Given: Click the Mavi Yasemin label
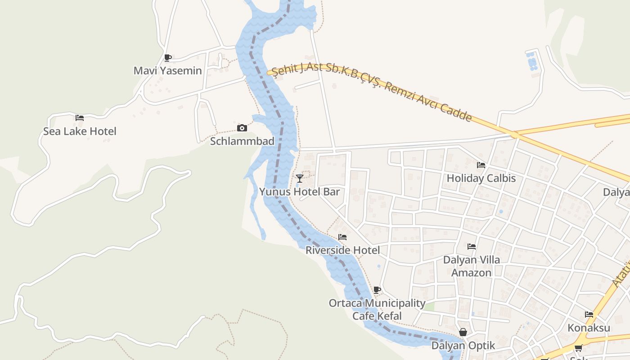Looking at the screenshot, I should pos(168,71).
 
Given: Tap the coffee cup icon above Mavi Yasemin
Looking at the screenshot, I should pos(167,58).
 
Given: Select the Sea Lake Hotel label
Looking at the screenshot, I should pos(80,131).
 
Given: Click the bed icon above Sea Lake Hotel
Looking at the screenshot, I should pos(80,118).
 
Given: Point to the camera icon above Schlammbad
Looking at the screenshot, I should pos(242,128).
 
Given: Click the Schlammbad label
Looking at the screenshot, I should pos(242,141).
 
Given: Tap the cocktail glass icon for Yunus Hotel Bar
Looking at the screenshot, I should pos(299,179).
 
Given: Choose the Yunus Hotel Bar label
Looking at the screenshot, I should pos(299,192).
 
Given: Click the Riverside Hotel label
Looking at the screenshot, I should pos(342,250).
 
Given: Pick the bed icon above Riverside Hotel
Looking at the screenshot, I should pos(342,237).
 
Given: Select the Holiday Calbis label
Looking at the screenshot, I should pos(481,178).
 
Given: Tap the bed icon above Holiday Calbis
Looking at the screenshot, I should pos(481,165).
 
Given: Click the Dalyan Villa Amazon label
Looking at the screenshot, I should pos(472,266).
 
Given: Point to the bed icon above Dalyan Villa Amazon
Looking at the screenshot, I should pos(472,246).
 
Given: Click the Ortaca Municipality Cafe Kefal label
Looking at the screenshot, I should pos(377,310).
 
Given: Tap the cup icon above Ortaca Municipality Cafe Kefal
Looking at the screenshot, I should pos(377,290).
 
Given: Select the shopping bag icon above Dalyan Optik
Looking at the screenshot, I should pos(463,332).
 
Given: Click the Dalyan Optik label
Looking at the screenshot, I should pos(463,346).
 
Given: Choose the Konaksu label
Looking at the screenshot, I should pos(589,328).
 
